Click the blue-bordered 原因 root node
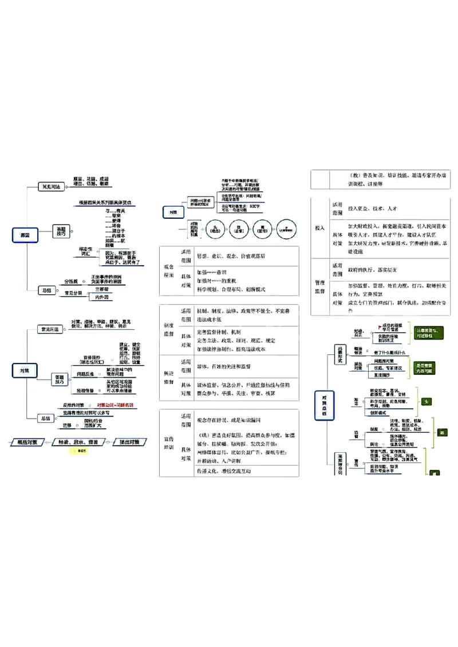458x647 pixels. pos(25,235)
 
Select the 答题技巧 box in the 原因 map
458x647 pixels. pos(60,230)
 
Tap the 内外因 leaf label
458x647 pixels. pos(103,297)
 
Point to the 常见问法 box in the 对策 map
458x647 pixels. pos(50,329)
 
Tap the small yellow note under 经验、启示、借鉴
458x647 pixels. pos(81,451)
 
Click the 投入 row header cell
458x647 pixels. pos(319,227)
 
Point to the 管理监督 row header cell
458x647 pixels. pos(319,287)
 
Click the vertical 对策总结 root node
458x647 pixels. pos(324,405)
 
